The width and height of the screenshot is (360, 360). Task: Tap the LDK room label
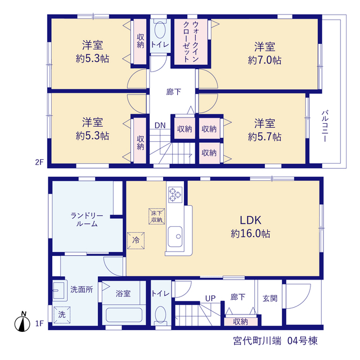pyautogui.click(x=250, y=220)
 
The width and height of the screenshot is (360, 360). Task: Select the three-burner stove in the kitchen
pyautogui.click(x=175, y=195)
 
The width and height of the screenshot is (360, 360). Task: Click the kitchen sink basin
pyautogui.click(x=175, y=237)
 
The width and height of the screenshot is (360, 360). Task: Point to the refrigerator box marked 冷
pyautogui.click(x=136, y=241)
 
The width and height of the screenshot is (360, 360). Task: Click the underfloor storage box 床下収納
pyautogui.click(x=156, y=216)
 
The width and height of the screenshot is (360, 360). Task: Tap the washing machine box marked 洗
pyautogui.click(x=62, y=315)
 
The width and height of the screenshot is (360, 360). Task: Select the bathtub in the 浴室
pyautogui.click(x=124, y=315)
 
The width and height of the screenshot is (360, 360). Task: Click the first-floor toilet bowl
pyautogui.click(x=160, y=315)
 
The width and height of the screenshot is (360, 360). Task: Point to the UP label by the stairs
pyautogui.click(x=210, y=298)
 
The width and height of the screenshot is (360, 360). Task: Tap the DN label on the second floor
pyautogui.click(x=160, y=125)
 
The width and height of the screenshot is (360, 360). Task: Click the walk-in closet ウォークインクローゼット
pyautogui.click(x=191, y=42)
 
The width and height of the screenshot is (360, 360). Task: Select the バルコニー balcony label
pyautogui.click(x=325, y=126)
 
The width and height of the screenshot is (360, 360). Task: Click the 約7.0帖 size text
pyautogui.click(x=264, y=60)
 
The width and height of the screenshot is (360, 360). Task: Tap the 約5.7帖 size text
pyautogui.click(x=264, y=137)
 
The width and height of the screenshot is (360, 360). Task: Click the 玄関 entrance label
pyautogui.click(x=270, y=298)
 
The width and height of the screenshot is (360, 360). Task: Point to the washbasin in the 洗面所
pyautogui.click(x=59, y=290)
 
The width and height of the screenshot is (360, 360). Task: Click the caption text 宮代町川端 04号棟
pyautogui.click(x=276, y=341)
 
